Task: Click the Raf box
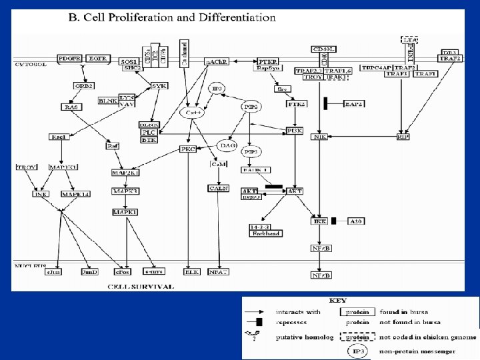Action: pyautogui.click(x=113, y=145)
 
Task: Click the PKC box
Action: pyautogui.click(x=189, y=149)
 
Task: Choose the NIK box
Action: pyautogui.click(x=319, y=137)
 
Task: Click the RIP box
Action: pyautogui.click(x=403, y=137)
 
